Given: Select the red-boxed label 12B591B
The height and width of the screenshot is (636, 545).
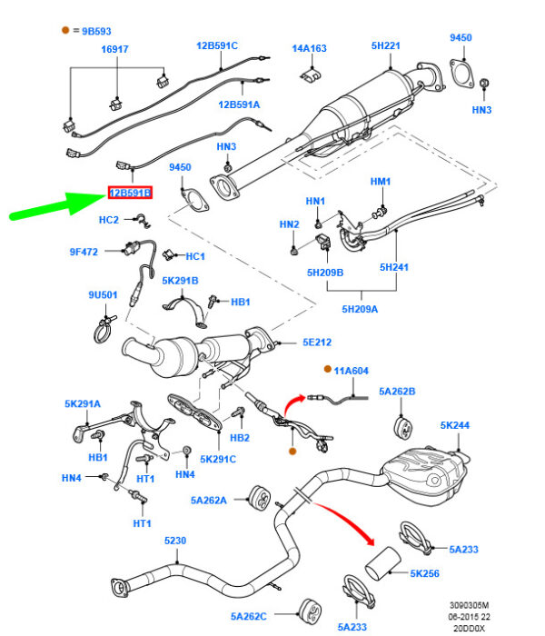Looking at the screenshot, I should point(130,194).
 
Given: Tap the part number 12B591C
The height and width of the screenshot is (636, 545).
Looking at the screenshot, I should point(216,45).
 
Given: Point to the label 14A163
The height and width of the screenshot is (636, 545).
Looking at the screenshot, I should point(309,47).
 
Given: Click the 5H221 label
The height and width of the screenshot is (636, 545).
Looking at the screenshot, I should point(386,45).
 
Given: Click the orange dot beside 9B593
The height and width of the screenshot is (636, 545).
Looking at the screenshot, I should point(65,30).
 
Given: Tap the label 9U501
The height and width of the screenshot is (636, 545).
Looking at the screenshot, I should point(103,294).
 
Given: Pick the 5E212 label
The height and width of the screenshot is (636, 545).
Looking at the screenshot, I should point(317,343).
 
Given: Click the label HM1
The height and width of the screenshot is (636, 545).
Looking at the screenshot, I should point(380,182).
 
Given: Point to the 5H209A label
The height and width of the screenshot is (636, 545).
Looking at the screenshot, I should point(361,309).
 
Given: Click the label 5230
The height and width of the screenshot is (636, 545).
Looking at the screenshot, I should point(174,542).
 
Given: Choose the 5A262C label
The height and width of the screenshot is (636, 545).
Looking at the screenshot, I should point(251,617).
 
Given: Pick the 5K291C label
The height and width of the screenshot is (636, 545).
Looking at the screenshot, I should point(218,460).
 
